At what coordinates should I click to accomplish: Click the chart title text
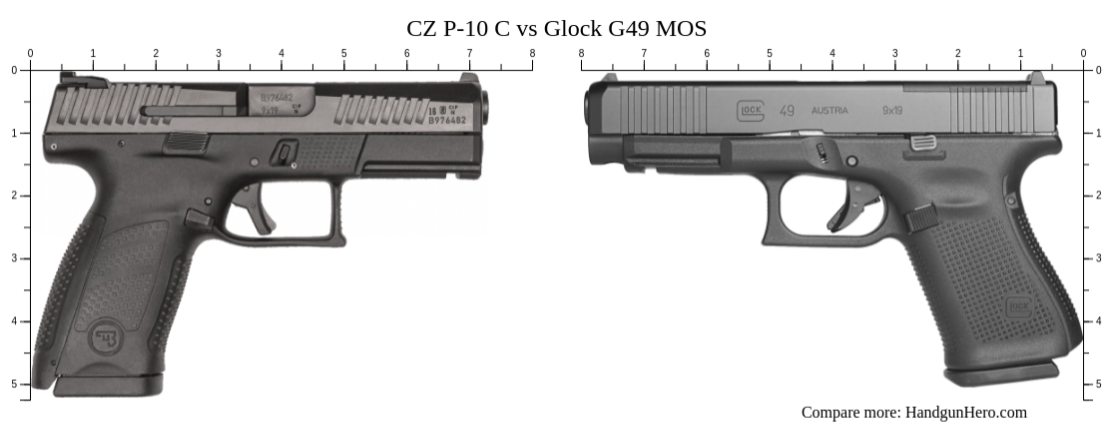click(x=556, y=27)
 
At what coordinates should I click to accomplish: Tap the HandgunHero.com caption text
click(x=913, y=412)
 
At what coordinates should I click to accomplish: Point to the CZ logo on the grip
click(x=104, y=335)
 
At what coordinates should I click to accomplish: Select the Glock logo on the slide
click(x=749, y=110)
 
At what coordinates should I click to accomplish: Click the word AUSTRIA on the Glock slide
click(x=830, y=111)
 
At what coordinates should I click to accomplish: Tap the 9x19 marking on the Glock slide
click(x=891, y=111)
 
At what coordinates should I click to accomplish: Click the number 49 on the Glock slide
click(x=787, y=110)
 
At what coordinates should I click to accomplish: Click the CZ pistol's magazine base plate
click(x=108, y=384)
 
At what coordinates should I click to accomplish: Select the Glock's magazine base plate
click(x=1001, y=373)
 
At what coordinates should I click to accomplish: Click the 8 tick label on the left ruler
click(x=532, y=53)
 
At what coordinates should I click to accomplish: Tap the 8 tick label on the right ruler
click(x=581, y=53)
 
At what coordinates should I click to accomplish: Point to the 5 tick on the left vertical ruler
click(x=14, y=384)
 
